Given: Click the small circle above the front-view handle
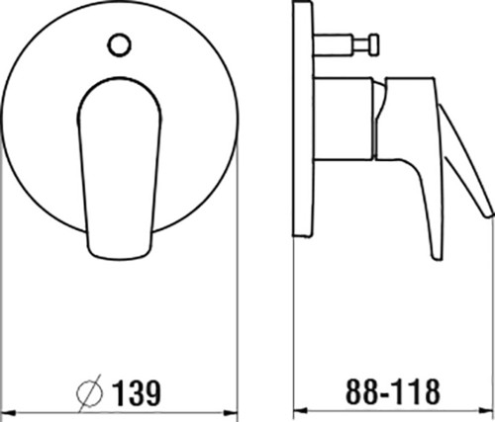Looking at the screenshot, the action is [x=120, y=44].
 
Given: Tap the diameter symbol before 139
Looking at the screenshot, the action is [x=89, y=393].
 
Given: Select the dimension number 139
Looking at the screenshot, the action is [x=137, y=393].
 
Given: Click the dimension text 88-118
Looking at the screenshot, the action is [x=393, y=391].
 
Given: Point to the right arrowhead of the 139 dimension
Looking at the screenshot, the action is [x=231, y=412].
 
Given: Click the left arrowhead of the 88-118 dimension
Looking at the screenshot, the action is [x=301, y=411].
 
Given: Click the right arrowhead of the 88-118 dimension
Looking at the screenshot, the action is [x=486, y=411].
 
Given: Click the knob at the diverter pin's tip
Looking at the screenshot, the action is [x=374, y=44].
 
